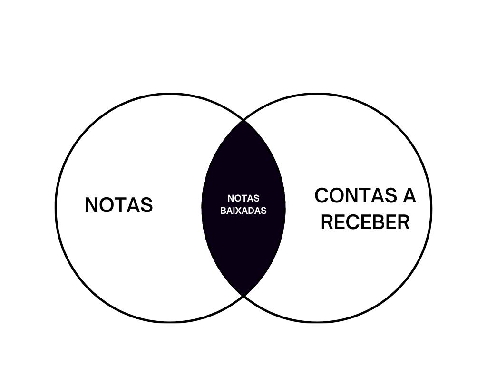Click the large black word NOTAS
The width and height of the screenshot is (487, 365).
[118, 205]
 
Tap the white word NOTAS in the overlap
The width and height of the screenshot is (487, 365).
[243, 198]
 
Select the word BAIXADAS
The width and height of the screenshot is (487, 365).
[243, 211]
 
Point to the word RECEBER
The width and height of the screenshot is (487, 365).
[365, 222]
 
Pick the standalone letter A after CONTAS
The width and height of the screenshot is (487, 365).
[409, 195]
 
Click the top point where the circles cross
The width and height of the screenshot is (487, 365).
[244, 120]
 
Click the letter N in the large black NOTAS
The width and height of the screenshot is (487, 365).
[92, 205]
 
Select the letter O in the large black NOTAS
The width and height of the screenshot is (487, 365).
[108, 205]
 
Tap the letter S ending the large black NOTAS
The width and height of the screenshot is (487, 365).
[146, 205]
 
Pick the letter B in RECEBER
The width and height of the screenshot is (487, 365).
[378, 222]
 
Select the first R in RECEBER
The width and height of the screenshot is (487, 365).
[327, 222]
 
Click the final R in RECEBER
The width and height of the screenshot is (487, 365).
[403, 222]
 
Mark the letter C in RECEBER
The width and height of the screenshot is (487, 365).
[352, 222]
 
